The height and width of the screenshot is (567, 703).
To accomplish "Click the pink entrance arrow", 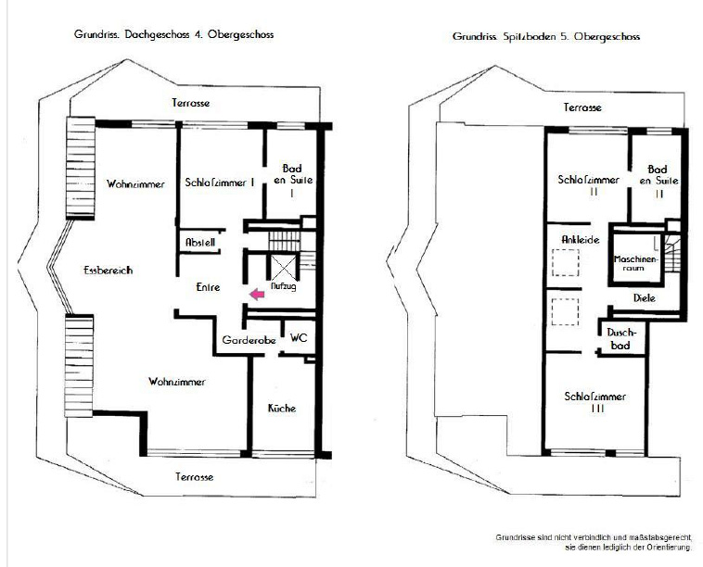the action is [257, 295].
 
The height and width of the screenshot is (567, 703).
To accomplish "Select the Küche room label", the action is [282, 408].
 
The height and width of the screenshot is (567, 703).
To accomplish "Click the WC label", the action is [299, 337].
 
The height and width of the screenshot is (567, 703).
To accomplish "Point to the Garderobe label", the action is [249, 340].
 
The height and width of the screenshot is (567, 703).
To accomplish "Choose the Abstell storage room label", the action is [200, 243].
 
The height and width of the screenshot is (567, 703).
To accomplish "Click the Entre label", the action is [208, 287].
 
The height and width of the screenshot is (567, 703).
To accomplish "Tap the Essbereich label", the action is [109, 270].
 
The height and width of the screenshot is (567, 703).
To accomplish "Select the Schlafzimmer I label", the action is [220, 183].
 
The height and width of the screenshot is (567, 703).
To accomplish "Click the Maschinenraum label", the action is [635, 263].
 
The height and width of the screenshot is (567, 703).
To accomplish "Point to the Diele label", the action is [645, 297].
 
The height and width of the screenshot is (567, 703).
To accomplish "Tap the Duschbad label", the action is [621, 338].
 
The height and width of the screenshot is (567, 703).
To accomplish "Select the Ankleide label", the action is [581, 240].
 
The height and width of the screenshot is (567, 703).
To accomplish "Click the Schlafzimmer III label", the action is [595, 402].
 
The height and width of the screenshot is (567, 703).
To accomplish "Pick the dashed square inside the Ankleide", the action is [566, 262].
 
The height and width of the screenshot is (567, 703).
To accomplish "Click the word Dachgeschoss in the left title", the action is [157, 34].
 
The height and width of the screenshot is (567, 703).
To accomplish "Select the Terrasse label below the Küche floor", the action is [194, 476].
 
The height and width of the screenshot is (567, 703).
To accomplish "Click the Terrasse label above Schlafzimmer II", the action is [582, 107].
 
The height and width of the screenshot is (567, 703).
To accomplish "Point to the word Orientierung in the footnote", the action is [668, 548].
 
